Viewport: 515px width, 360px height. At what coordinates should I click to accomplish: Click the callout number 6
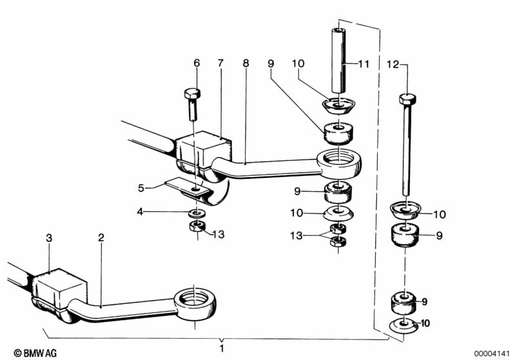point(197,63)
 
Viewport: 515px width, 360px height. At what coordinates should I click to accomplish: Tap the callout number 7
point(220,63)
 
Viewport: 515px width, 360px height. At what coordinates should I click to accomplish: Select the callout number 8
point(246,63)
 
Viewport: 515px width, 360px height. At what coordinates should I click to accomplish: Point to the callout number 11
point(364,64)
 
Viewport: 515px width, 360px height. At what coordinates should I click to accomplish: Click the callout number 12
point(393,64)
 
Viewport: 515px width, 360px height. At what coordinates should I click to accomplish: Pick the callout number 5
point(141,188)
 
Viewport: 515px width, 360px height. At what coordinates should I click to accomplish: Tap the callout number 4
point(141,212)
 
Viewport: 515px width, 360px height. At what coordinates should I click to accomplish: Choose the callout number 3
point(49,238)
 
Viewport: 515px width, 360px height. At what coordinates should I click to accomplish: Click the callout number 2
point(101,238)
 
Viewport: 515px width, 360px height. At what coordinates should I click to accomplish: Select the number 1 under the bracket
point(222,348)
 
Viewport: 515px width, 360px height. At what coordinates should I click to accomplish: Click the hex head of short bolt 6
point(192,94)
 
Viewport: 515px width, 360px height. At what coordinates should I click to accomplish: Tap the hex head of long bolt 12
point(407,99)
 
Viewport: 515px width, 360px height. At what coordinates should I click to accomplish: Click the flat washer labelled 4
point(197,213)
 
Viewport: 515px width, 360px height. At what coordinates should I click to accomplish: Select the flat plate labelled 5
point(188,186)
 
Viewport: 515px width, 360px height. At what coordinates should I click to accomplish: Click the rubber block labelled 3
point(59,287)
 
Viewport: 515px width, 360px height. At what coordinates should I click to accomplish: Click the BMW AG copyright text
point(35,353)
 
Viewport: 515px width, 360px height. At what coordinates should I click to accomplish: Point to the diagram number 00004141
point(492,354)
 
